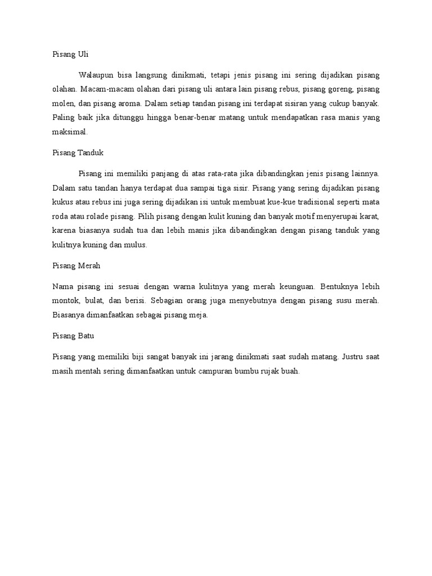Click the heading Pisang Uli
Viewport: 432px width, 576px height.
(x=70, y=55)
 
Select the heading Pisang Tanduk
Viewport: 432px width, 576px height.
(x=78, y=152)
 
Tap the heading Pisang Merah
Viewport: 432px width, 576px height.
(x=76, y=265)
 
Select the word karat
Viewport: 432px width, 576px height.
(x=368, y=216)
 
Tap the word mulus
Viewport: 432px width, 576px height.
(x=136, y=245)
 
